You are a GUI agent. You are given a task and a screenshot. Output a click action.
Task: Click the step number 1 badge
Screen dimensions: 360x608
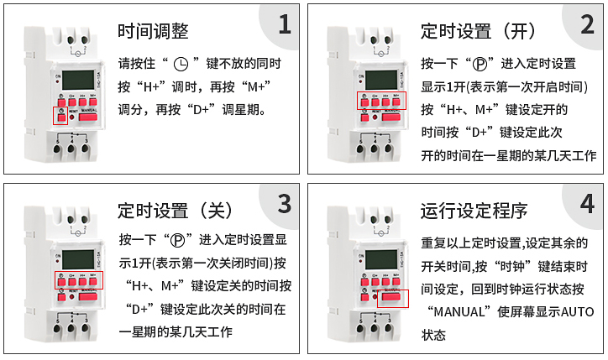(x=284, y=25)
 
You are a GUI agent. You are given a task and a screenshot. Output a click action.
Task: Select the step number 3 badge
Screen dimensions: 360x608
(x=284, y=204)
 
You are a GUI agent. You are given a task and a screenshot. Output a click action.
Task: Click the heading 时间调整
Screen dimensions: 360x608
(x=153, y=32)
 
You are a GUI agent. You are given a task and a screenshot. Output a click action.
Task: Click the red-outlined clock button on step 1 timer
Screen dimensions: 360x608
(x=60, y=116)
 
